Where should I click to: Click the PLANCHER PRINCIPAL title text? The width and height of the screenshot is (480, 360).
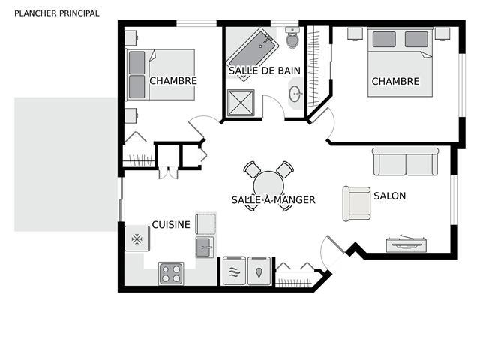[57, 13]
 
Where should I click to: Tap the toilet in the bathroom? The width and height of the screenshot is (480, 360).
[292, 37]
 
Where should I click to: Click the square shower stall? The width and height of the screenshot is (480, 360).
[241, 103]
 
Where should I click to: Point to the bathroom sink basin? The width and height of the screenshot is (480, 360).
[295, 94]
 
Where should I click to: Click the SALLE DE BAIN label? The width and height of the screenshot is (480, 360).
[265, 70]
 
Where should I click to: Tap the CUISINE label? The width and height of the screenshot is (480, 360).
[171, 225]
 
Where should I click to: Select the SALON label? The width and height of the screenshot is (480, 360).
[390, 196]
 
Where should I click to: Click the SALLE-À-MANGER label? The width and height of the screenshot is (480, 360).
[273, 200]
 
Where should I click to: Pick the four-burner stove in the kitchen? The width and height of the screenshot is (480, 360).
[171, 274]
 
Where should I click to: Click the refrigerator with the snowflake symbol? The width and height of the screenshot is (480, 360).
[137, 238]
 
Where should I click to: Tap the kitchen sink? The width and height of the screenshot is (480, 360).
[205, 247]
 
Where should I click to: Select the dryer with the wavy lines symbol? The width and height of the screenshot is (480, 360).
[234, 271]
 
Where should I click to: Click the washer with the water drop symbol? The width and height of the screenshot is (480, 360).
[259, 271]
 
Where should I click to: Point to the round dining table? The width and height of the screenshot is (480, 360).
[268, 186]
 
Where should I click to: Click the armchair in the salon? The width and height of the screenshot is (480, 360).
[357, 203]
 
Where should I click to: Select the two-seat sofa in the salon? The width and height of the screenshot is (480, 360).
[406, 162]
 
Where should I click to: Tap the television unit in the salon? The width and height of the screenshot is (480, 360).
[406, 244]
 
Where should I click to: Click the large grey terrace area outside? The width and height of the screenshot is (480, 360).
[65, 164]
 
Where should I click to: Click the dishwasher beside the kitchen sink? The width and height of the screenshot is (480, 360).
[205, 223]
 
